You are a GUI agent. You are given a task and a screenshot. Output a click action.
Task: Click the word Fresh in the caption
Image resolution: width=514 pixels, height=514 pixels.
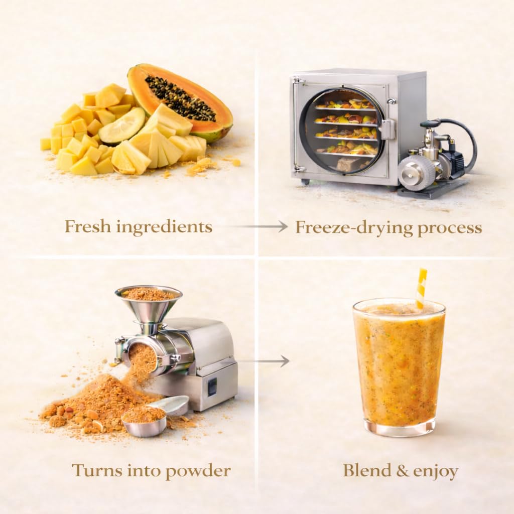point(87,226)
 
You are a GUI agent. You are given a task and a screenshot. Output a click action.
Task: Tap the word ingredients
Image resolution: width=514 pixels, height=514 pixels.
point(164,227)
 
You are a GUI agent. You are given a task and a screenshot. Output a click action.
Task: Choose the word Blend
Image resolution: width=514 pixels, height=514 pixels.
point(367,470)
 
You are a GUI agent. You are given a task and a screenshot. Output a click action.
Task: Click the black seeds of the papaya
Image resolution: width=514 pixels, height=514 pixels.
point(180,98)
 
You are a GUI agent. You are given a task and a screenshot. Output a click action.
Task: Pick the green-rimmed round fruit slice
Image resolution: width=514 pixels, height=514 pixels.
point(122,126)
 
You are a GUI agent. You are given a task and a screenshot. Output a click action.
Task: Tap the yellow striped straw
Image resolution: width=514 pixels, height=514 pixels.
point(421,289)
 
